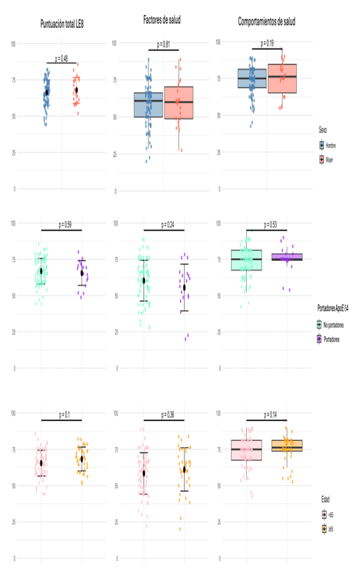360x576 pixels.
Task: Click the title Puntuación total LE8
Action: (62, 23)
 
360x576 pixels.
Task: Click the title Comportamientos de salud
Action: (266, 22)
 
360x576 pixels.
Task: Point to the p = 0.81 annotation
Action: (163, 45)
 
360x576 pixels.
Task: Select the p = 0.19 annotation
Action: (267, 43)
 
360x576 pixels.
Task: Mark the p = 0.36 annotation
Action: (164, 415)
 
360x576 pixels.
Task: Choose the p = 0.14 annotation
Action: (266, 415)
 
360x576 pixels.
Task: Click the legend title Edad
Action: (322, 499)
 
